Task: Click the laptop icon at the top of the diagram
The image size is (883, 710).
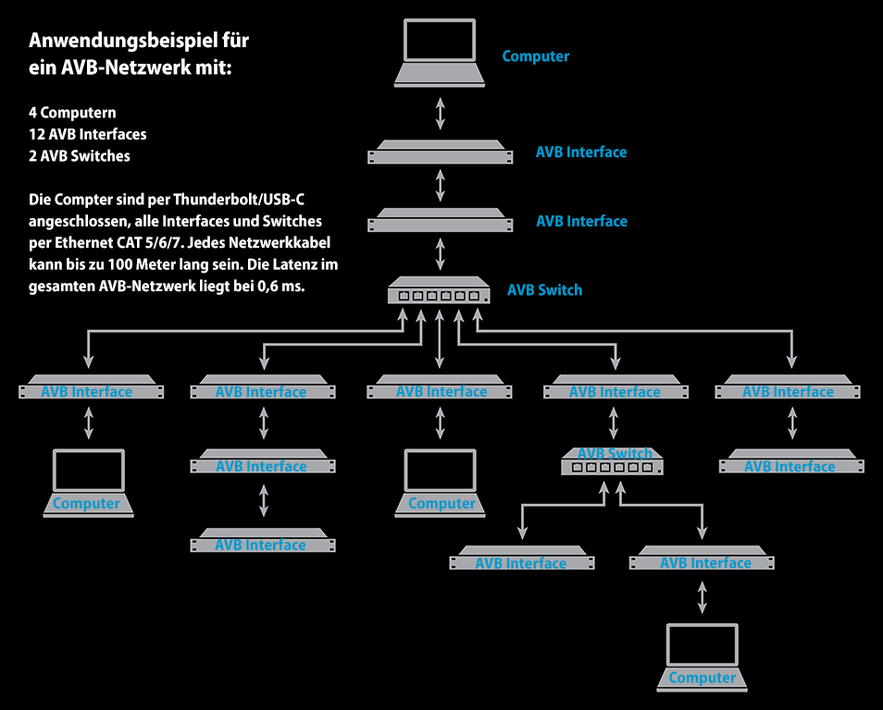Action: coord(441,55)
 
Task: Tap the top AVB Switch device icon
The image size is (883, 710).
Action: coord(439,291)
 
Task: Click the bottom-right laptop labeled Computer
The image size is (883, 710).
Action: coord(703,657)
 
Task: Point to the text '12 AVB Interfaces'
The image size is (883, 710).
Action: coord(87,134)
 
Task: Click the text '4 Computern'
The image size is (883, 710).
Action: coord(72,113)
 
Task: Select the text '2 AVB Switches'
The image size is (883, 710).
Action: coord(80,155)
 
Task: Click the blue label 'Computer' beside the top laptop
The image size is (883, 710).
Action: coord(535,56)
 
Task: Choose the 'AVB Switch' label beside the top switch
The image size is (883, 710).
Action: coord(544,290)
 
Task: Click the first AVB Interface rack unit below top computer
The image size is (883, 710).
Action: coord(441,152)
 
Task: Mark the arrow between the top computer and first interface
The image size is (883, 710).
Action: coord(441,112)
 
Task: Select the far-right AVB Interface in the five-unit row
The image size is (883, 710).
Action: coord(789,388)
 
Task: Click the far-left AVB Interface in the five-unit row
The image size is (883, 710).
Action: coord(89,388)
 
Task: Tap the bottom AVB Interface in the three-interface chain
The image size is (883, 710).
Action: coord(263,542)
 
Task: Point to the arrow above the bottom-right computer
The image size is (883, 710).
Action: coord(703,596)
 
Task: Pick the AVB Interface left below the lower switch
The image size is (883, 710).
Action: coord(521,559)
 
